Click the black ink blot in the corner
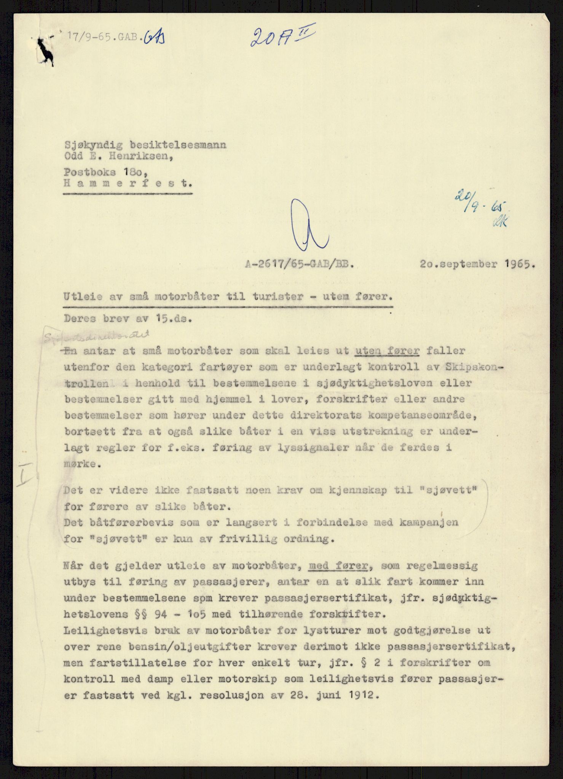tap(46, 52)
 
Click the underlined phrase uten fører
tap(387, 351)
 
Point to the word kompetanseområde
tap(423, 415)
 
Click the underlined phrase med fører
tap(338, 566)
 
